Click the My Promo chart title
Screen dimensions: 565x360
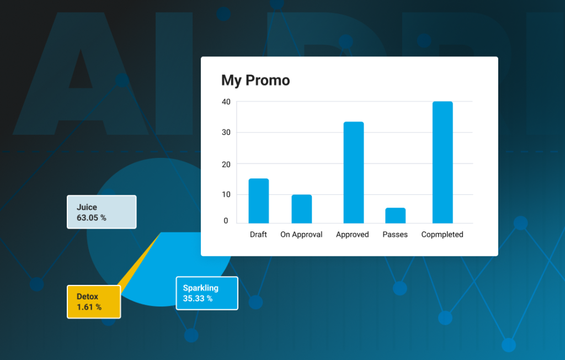(255, 81)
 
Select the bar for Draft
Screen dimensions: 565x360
(259, 201)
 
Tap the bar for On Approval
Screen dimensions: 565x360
(302, 209)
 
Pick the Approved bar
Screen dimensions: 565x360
(354, 172)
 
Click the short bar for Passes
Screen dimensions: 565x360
(395, 215)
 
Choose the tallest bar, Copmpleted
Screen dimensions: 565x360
(443, 162)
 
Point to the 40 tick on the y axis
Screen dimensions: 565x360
(226, 102)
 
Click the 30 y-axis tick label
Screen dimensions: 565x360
(226, 133)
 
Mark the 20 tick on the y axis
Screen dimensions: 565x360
(226, 165)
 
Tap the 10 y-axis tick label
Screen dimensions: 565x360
(226, 195)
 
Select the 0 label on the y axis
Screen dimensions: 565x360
(226, 221)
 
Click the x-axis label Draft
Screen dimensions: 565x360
(258, 235)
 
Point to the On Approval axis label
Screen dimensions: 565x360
(301, 235)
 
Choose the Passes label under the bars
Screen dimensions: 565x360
(395, 235)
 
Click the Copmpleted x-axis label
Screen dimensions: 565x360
(442, 235)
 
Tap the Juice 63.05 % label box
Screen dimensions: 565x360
(102, 212)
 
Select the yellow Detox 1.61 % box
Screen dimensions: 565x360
(94, 302)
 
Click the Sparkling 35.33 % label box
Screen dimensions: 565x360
(207, 293)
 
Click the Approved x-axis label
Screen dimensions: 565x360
(353, 235)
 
